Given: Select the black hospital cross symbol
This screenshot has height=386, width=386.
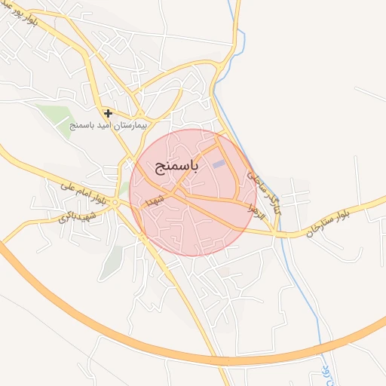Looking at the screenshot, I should click(x=109, y=113).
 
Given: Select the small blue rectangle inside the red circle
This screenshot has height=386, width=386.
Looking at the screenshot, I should click(x=219, y=164).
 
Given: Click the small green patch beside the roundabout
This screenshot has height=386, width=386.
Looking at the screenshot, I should click(x=123, y=189).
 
